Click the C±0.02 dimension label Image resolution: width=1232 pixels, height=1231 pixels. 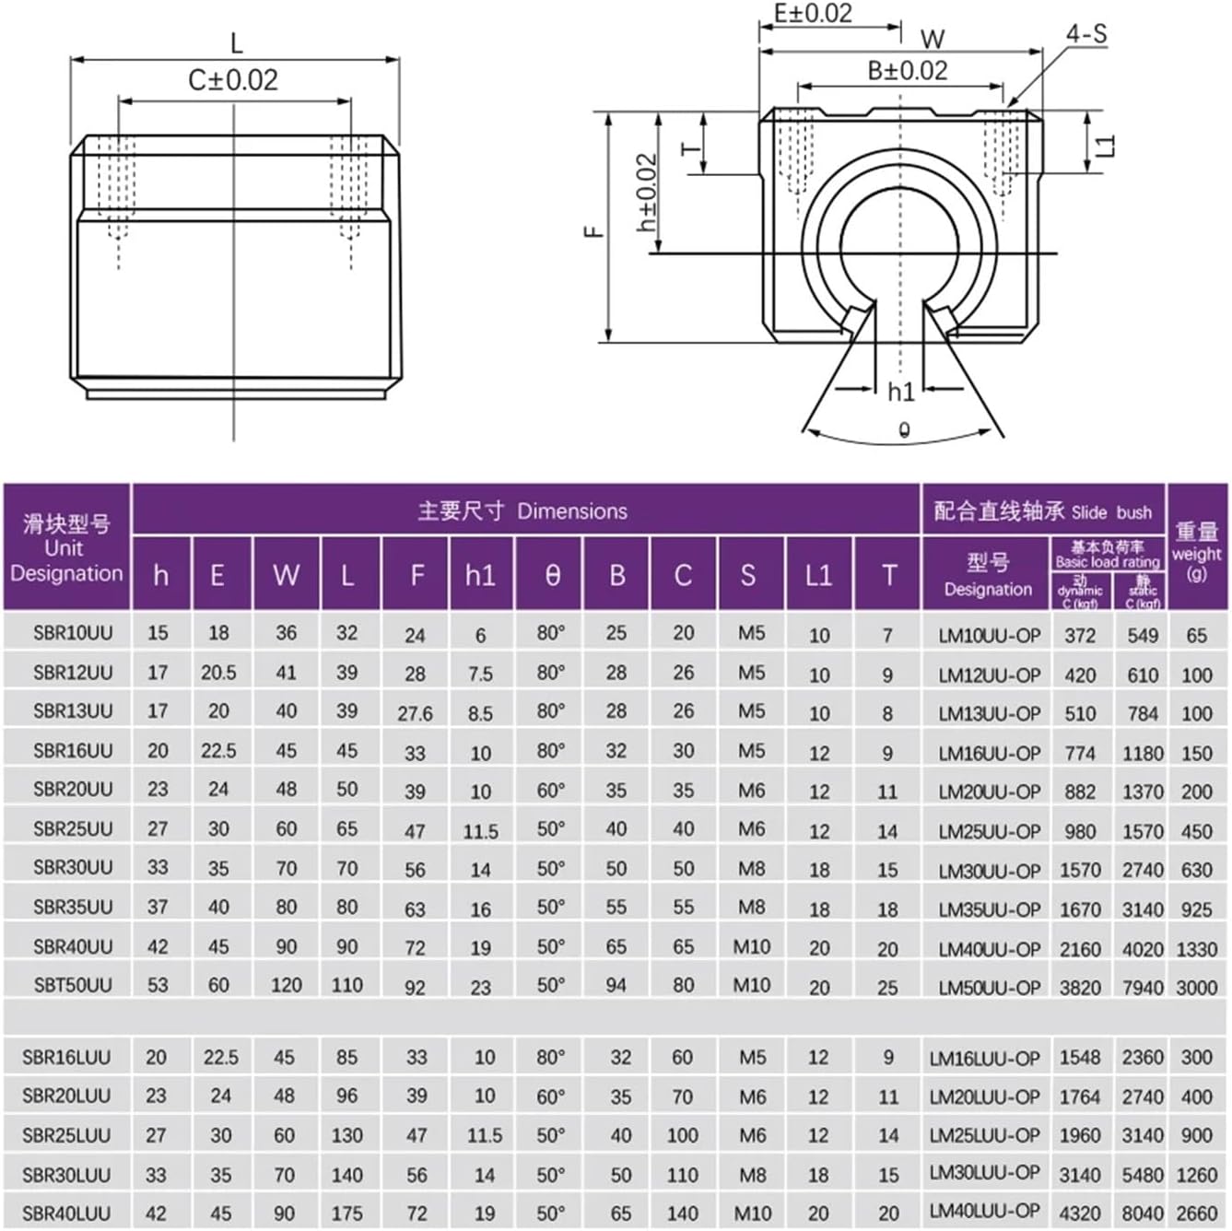233,80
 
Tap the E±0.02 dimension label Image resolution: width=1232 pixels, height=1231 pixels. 813,14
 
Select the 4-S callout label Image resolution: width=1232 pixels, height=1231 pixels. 1085,34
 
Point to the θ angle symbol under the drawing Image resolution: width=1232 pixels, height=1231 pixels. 904,429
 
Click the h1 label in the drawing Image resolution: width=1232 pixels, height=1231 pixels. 900,392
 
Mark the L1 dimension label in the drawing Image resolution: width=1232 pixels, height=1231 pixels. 1106,145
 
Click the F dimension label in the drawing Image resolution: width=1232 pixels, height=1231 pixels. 594,231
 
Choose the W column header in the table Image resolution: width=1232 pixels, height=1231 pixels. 286,575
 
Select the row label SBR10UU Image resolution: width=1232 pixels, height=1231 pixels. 73,633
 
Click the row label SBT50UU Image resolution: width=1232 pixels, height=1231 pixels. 73,985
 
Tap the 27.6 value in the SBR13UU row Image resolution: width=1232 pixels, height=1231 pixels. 415,713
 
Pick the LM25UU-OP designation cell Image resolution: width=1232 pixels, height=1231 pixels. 989,831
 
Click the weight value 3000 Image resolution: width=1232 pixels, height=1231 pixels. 1196,987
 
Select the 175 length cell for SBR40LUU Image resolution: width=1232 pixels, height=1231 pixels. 346,1213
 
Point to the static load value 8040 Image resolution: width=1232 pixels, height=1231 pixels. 1142,1213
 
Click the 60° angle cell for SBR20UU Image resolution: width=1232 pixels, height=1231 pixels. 551,790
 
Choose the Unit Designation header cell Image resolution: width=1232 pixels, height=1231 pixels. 66,548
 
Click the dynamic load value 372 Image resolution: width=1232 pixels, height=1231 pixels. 1080,635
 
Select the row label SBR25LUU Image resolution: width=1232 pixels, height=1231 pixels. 66,1135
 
